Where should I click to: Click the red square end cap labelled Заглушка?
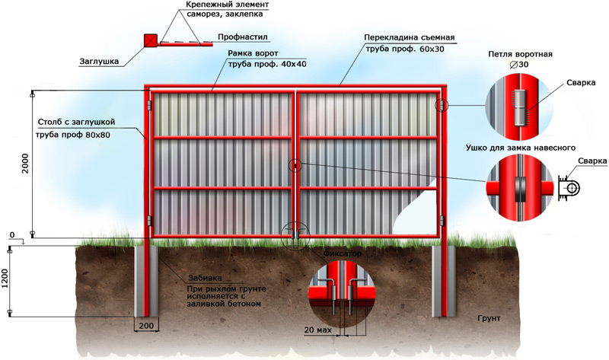[x=151, y=41]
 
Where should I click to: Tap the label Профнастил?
[x=243, y=37]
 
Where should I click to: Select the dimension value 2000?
[x=25, y=163]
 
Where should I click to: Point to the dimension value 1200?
[x=5, y=279]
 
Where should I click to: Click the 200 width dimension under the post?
[x=146, y=326]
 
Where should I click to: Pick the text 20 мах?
[x=318, y=330]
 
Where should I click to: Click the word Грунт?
[x=489, y=318]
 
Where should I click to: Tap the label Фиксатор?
[x=342, y=253]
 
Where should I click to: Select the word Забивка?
[x=205, y=278]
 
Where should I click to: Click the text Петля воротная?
[x=520, y=54]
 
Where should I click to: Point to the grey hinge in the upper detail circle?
[x=520, y=107]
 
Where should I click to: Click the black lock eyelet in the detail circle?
[x=520, y=190]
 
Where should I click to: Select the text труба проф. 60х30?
[x=405, y=49]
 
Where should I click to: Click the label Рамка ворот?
[x=253, y=53]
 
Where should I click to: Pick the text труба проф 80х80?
[x=73, y=135]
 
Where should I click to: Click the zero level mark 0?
[x=12, y=235]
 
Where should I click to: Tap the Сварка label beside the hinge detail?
[x=581, y=83]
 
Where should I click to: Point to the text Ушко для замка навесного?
[x=521, y=148]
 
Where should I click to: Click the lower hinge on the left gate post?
[x=149, y=221]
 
